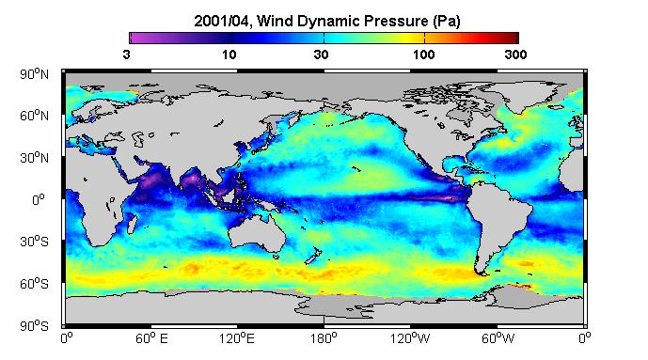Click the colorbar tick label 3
pyautogui.click(x=126, y=55)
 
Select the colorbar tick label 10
pyautogui.click(x=229, y=55)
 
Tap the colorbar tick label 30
pyautogui.click(x=321, y=55)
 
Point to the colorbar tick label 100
pyautogui.click(x=423, y=55)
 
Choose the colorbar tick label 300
pyautogui.click(x=515, y=55)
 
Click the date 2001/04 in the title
pyautogui.click(x=222, y=21)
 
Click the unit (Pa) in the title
pyautogui.click(x=447, y=21)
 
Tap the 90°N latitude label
pyautogui.click(x=34, y=74)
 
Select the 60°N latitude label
pyautogui.click(x=34, y=116)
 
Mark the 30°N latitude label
pyautogui.click(x=34, y=158)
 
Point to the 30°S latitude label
pyautogui.click(x=34, y=242)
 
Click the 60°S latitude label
pyautogui.click(x=34, y=284)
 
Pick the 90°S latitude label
pyautogui.click(x=34, y=326)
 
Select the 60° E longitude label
pyautogui.click(x=151, y=339)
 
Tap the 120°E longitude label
pyautogui.click(x=237, y=339)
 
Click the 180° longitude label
pyautogui.click(x=324, y=339)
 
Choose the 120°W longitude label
pyautogui.click(x=410, y=339)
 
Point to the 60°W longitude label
pyautogui.click(x=498, y=339)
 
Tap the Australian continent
pyautogui.click(x=258, y=232)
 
